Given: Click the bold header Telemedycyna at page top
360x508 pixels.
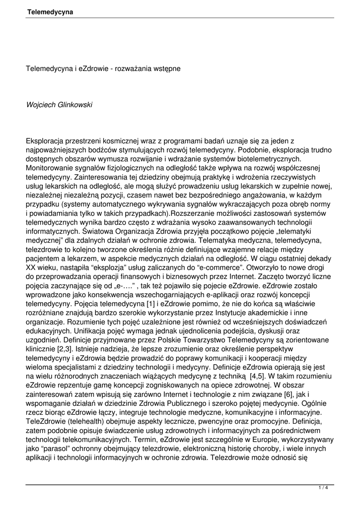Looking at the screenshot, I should [x=50, y=11].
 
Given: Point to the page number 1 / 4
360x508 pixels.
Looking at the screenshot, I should [x=323, y=488].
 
